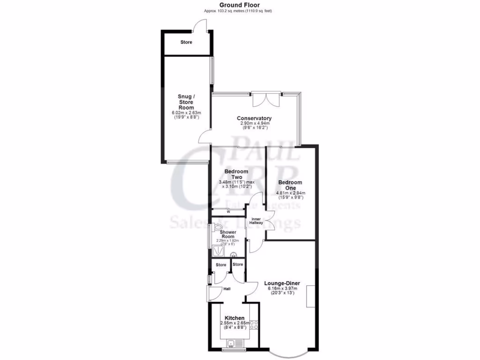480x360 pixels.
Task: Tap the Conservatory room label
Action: [x=255, y=118]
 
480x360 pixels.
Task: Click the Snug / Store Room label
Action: [x=186, y=102]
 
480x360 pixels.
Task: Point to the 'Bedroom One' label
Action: [x=290, y=185]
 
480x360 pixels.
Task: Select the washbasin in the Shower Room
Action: [x=233, y=255]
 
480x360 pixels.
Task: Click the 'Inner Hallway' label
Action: [x=256, y=221]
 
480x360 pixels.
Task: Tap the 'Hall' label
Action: [x=227, y=288]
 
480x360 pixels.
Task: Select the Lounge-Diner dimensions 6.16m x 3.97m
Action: [x=282, y=289]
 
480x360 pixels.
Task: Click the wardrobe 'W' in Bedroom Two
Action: [x=228, y=211]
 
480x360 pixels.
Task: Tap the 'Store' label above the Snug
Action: [x=186, y=42]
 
